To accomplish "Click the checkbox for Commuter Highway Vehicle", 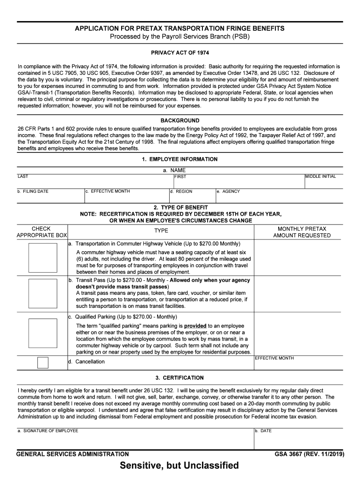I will coord(43,257).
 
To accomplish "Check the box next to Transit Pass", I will coord(43,293).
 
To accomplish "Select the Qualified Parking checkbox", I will coord(43,333).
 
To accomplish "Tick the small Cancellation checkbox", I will coord(43,363).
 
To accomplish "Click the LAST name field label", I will coord(22,176).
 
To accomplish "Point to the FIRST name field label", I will coord(180,177).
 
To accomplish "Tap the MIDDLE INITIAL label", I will coord(320,176).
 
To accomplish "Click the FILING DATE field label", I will coord(33,191).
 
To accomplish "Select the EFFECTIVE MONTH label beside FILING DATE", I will coord(108,191).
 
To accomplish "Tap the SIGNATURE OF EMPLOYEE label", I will coord(48,431).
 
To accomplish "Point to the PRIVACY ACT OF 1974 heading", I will coord(180,52).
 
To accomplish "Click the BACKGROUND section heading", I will coord(180,121).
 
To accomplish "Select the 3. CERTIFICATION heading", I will coord(180,378).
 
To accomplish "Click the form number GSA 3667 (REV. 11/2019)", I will coord(310,454).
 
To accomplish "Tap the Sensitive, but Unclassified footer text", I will coord(179,465).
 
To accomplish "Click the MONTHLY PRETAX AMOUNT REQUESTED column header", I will coord(302,232).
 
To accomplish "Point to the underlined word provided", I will coord(195,326).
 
